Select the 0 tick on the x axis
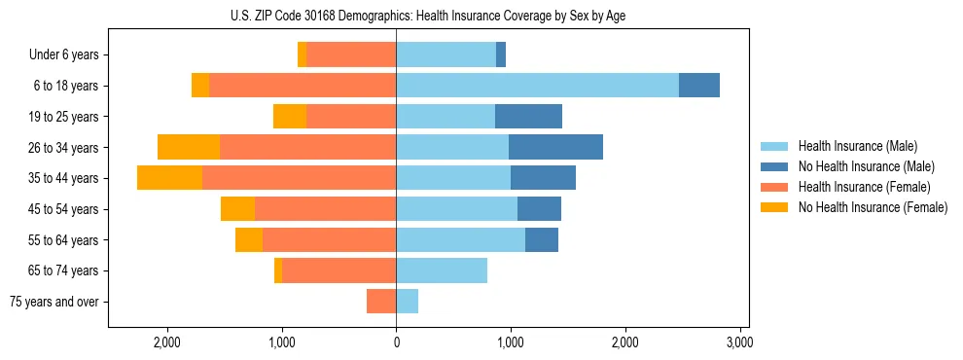396,343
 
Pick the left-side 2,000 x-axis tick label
166,343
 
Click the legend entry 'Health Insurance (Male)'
857,146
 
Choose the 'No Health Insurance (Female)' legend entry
872,207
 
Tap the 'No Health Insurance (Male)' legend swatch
774,166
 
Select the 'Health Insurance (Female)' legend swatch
774,187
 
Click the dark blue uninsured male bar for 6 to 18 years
698,86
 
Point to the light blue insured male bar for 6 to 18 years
537,86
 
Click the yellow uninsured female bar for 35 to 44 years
169,178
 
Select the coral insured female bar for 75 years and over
381,302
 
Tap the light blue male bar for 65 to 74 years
442,270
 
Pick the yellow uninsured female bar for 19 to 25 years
290,117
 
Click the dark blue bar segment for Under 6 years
501,55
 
